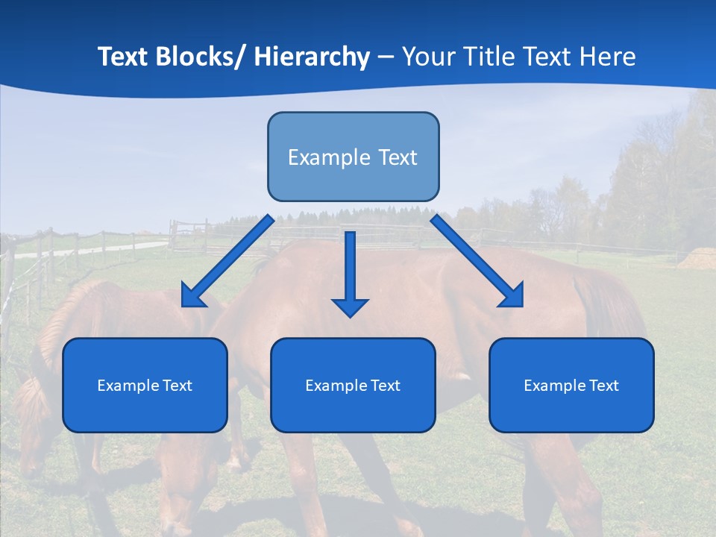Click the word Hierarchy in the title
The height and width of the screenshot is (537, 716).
click(312, 57)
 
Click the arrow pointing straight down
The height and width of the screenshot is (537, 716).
click(351, 268)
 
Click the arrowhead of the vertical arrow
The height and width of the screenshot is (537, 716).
click(351, 307)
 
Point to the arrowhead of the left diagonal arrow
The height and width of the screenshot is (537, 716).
click(191, 297)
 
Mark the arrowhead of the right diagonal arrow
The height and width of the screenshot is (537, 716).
click(512, 297)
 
